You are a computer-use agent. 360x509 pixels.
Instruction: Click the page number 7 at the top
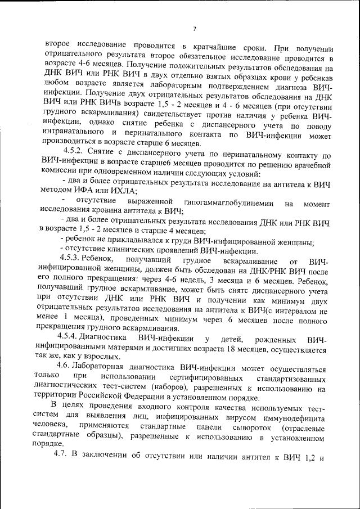(193, 29)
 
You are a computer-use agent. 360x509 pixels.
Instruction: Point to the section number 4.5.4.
(74, 337)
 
